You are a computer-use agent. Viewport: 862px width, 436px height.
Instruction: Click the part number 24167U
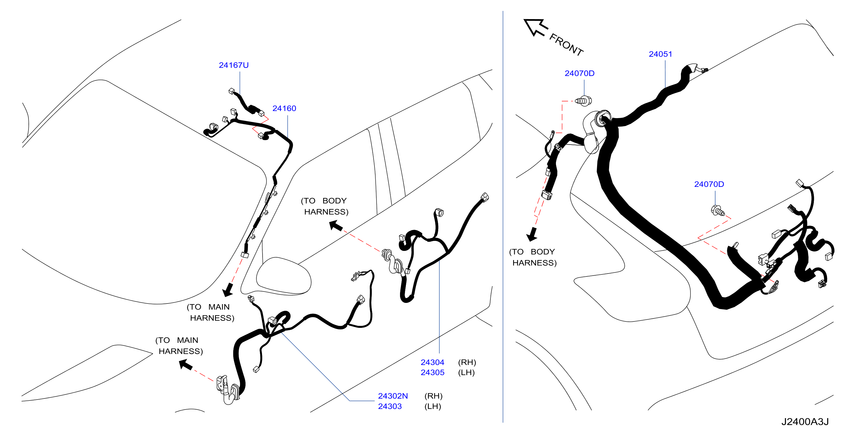tap(233, 65)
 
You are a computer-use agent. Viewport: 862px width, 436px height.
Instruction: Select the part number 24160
tap(284, 108)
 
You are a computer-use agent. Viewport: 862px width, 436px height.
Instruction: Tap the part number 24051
tap(660, 54)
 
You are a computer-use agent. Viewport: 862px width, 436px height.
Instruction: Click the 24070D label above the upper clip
tap(579, 73)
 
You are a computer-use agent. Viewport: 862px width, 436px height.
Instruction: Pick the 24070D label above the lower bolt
tap(709, 184)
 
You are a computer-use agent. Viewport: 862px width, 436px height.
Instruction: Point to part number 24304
tap(432, 362)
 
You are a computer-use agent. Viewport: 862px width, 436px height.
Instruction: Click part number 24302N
tap(393, 396)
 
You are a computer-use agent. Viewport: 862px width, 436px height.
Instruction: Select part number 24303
tap(389, 406)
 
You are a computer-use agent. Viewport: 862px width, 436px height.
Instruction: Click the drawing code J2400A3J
tap(805, 422)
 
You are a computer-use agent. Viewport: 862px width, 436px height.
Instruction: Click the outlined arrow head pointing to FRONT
tap(535, 27)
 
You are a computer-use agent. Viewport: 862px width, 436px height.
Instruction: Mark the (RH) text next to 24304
tap(467, 362)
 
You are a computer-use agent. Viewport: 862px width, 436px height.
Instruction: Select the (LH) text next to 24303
tap(433, 406)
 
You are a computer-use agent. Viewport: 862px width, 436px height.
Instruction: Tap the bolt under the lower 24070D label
tap(718, 211)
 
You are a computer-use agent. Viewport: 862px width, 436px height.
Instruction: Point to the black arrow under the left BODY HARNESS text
tap(336, 226)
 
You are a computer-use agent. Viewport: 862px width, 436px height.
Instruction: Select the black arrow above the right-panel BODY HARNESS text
tap(532, 234)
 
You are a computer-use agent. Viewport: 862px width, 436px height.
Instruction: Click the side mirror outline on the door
tap(284, 276)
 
